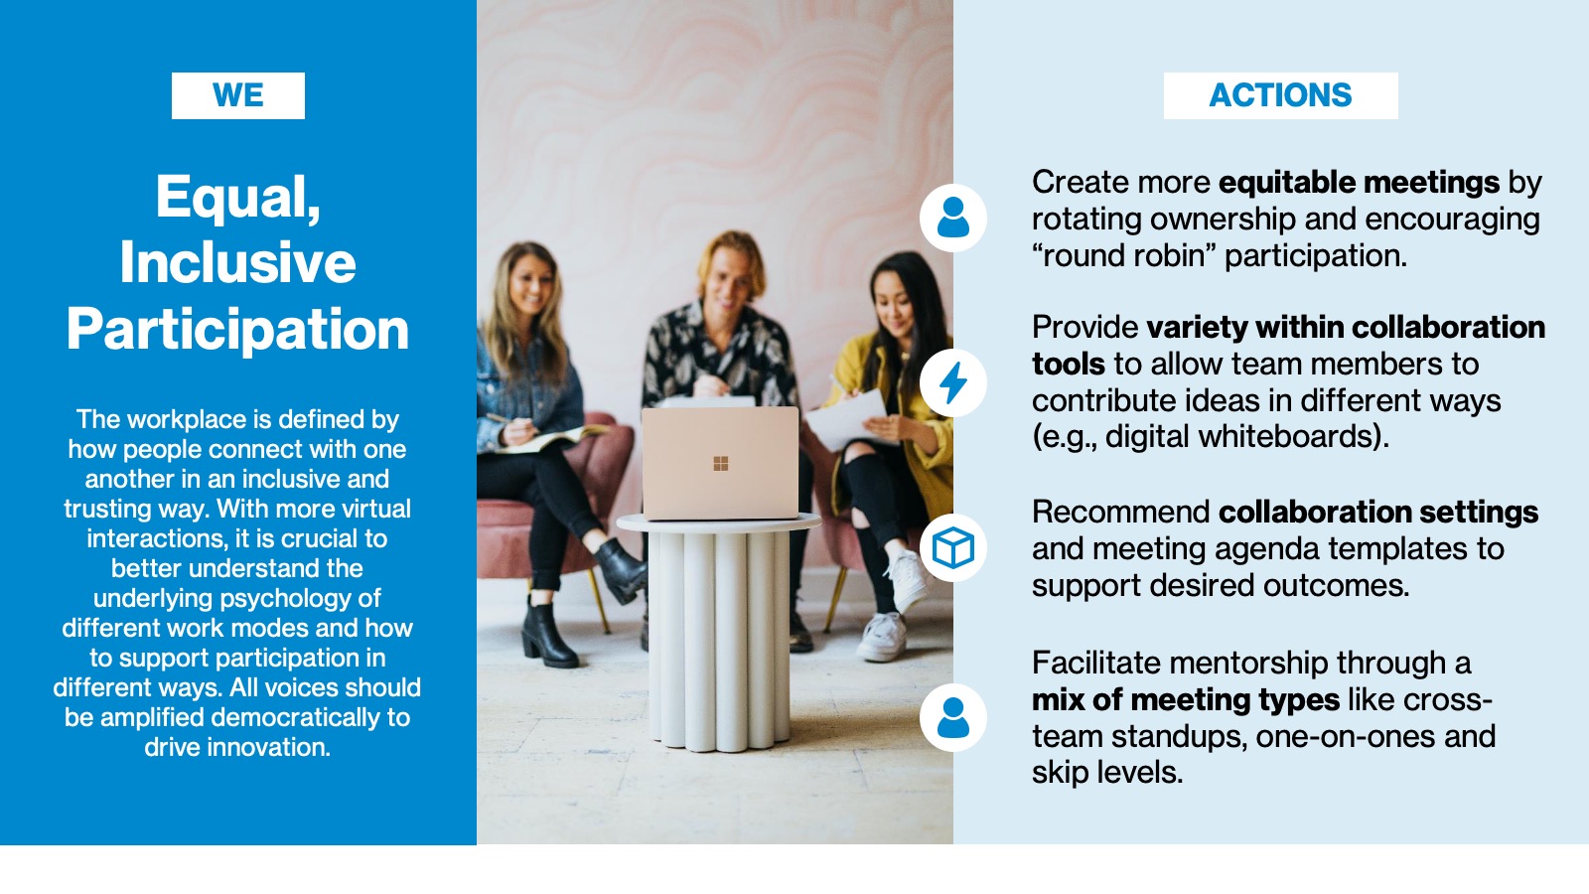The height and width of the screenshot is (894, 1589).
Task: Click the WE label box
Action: [238, 95]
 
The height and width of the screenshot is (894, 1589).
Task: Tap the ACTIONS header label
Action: [1280, 95]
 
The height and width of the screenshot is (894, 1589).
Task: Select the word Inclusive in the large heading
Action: [237, 262]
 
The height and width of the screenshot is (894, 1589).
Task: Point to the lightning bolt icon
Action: [952, 383]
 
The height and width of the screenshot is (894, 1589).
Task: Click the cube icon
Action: [952, 547]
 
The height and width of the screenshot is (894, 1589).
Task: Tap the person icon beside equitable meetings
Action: [952, 218]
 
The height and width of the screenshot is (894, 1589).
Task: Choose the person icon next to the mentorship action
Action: [952, 717]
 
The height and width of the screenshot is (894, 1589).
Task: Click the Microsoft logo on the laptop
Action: [721, 464]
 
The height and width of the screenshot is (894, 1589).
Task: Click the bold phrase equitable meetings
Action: [1360, 183]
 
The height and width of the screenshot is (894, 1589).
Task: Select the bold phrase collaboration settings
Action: [1378, 512]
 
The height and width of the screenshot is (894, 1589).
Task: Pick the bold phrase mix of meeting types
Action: [1186, 699]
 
